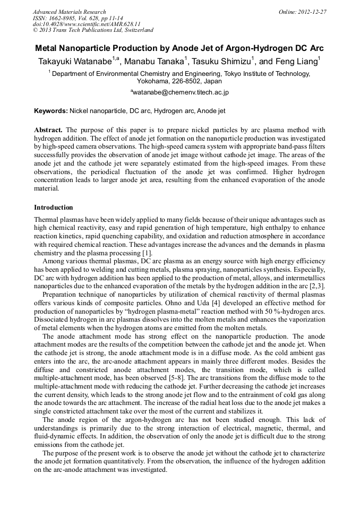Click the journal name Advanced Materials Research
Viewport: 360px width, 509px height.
(69, 12)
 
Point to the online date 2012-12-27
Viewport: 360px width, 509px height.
(312, 12)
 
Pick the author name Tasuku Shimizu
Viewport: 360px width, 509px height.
(223, 61)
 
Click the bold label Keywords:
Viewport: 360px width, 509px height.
(51, 111)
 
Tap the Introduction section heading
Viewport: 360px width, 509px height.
(54, 208)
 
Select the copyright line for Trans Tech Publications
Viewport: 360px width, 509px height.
(93, 30)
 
